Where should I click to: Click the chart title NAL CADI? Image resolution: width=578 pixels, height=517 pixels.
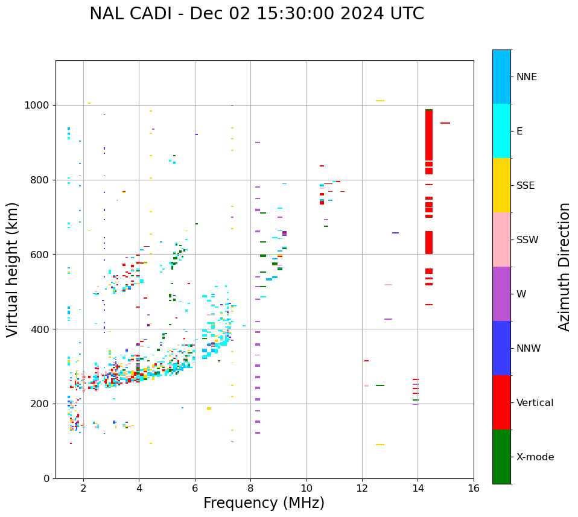[256, 14]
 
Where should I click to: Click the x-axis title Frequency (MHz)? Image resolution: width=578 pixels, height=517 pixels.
[264, 503]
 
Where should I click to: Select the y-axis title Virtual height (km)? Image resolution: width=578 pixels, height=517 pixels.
[13, 269]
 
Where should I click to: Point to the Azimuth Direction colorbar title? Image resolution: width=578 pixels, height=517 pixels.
[564, 267]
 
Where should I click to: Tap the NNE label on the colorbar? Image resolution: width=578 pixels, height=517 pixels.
[526, 77]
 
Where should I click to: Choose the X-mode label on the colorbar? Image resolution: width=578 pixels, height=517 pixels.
[535, 457]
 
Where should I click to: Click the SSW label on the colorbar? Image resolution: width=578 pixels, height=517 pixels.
[527, 240]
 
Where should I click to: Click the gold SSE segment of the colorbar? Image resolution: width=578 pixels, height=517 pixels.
[501, 185]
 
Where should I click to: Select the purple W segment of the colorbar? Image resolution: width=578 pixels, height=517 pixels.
[501, 294]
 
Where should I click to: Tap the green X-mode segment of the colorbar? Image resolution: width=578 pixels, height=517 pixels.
[501, 457]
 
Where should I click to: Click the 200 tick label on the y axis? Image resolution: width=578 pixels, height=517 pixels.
[42, 404]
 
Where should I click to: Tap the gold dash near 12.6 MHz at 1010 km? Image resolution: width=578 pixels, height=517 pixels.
[380, 101]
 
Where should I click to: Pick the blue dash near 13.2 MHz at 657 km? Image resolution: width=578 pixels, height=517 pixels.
[395, 233]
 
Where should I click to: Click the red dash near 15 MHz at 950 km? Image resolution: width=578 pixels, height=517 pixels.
[445, 123]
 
